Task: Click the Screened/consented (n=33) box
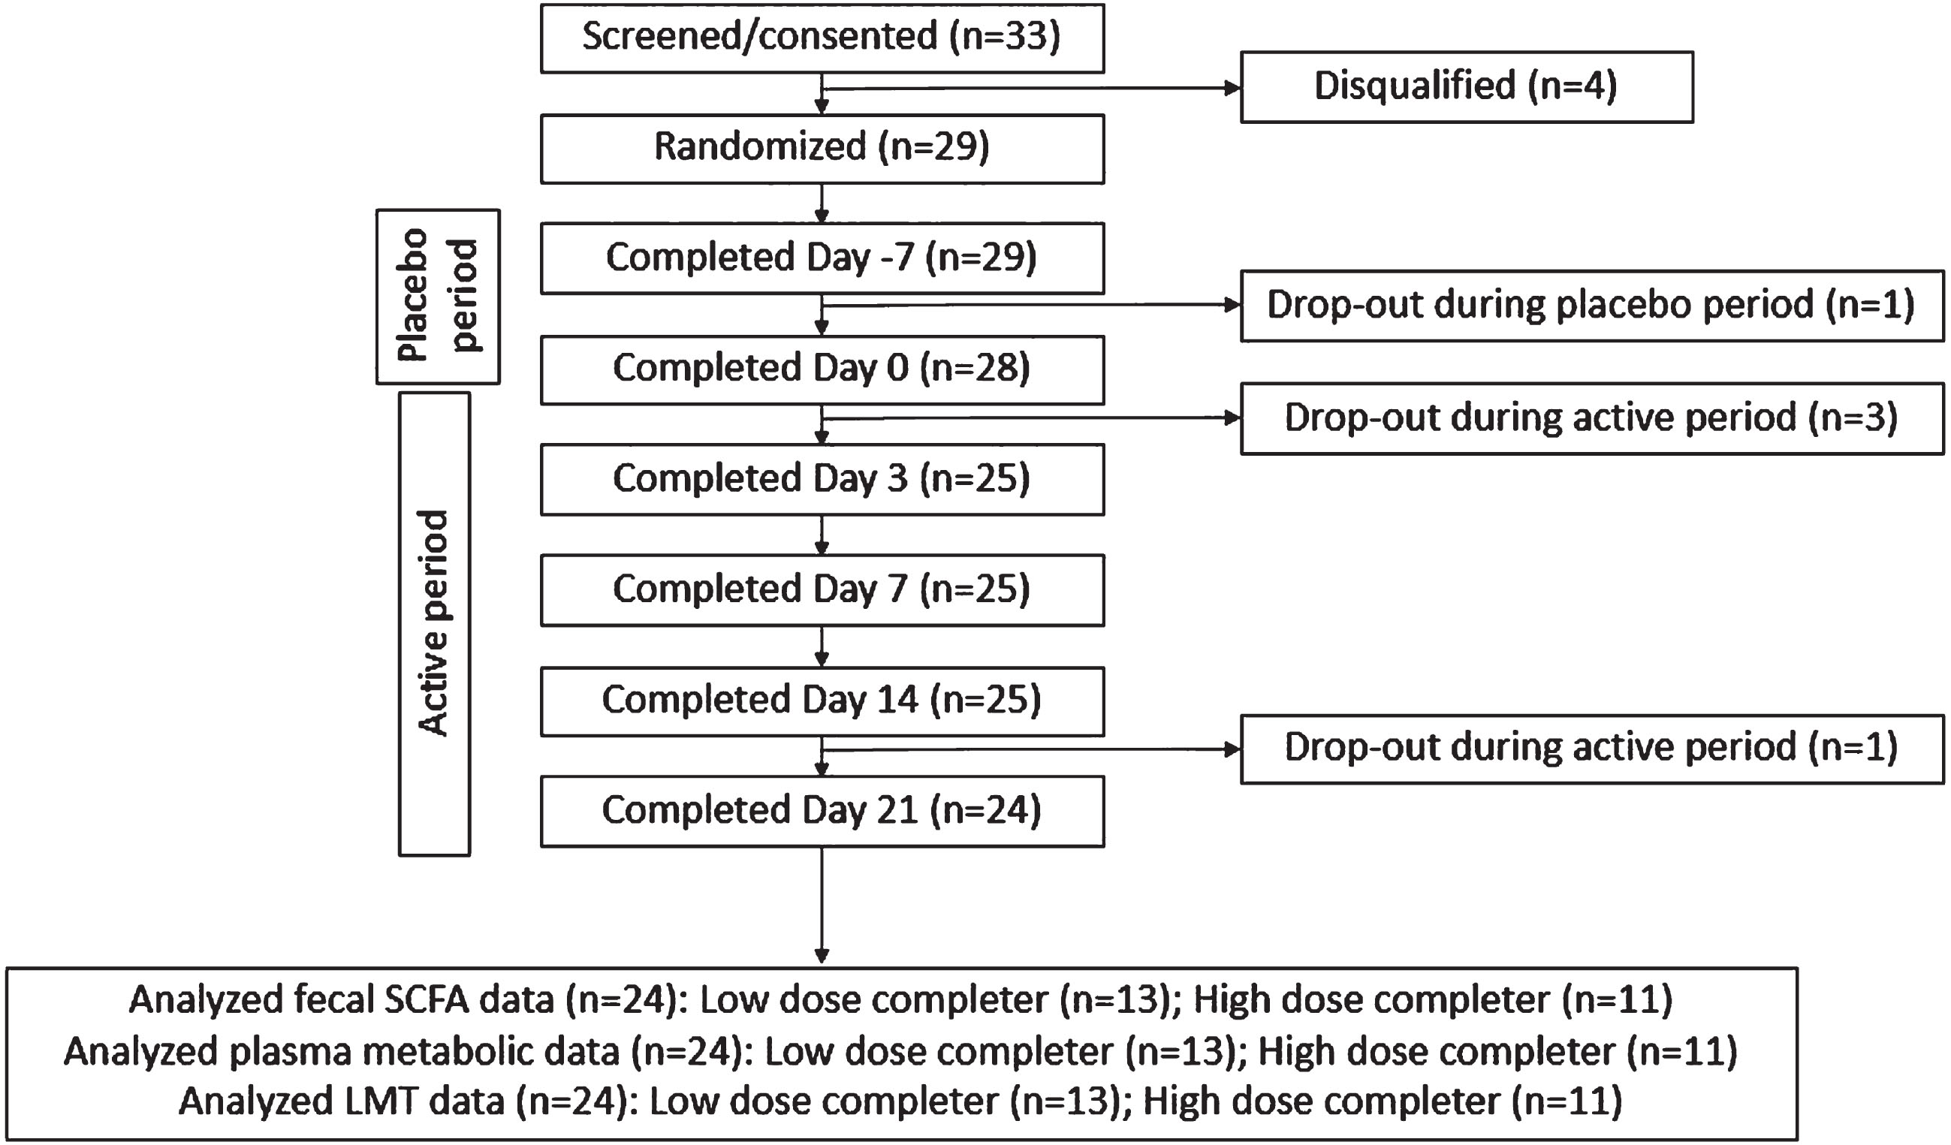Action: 822,39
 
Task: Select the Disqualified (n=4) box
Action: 1467,86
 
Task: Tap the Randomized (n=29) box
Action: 822,149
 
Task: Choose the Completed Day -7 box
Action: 822,258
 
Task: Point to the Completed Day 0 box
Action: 822,369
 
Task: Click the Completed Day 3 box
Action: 822,479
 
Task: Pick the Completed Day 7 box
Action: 822,590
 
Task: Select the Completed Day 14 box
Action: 822,701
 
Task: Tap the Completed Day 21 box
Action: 822,812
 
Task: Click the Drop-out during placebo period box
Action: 1592,306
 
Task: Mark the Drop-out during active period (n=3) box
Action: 1592,418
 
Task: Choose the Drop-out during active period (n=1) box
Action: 1592,749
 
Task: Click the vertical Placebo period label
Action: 439,296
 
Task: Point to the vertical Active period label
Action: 434,623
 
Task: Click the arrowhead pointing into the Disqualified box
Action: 1232,89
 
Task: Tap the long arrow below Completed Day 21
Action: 822,905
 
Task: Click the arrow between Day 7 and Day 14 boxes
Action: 822,647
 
